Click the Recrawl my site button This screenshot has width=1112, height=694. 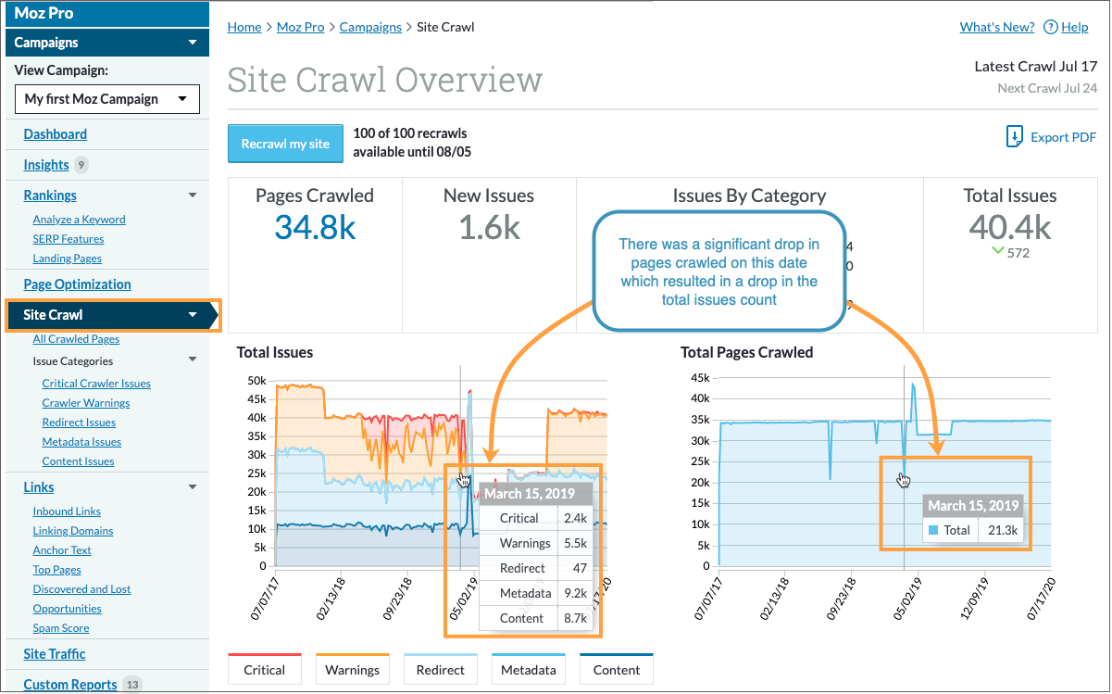tap(285, 144)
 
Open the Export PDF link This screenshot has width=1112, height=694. tap(1052, 137)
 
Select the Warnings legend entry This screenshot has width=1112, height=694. tap(352, 670)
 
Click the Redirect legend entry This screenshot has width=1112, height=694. tap(440, 670)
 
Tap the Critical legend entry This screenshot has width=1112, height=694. tap(264, 670)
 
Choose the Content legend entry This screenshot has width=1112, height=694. tap(617, 670)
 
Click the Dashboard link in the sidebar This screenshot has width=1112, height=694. tap(56, 134)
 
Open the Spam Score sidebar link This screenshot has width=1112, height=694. tap(61, 628)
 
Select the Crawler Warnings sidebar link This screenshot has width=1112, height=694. tap(86, 403)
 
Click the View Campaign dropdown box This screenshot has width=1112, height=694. tap(107, 99)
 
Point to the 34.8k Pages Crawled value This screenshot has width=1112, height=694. tap(315, 228)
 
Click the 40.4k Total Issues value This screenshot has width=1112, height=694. tap(1009, 226)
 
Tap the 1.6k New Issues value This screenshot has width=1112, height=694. tap(489, 228)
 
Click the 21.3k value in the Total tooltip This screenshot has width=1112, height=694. tap(1003, 531)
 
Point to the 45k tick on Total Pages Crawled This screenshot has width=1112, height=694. tap(699, 378)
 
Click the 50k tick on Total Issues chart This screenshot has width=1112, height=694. tap(255, 381)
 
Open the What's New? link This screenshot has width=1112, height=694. tap(997, 27)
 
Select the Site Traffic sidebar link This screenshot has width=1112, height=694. tap(55, 654)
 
